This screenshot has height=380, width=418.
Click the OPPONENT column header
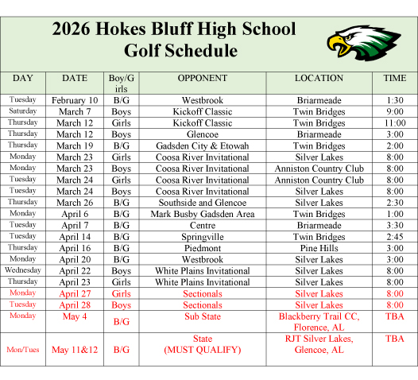(x=202, y=79)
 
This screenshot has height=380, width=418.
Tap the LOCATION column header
(x=319, y=79)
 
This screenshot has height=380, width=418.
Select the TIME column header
(x=394, y=79)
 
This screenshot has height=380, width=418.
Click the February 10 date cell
(x=75, y=101)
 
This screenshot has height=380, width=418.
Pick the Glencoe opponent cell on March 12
(x=202, y=135)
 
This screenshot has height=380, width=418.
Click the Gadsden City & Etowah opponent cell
(x=202, y=146)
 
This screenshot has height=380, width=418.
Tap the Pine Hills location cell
(x=319, y=248)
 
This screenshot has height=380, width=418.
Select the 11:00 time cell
(x=394, y=124)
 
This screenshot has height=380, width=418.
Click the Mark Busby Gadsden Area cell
(x=202, y=214)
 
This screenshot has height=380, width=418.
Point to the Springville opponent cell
(x=202, y=237)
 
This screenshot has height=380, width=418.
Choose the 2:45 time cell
(x=394, y=237)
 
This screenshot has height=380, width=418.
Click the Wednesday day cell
(x=23, y=270)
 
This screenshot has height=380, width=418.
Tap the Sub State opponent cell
(x=202, y=316)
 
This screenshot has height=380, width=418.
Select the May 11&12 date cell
(x=75, y=349)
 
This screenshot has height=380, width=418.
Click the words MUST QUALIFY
(x=202, y=350)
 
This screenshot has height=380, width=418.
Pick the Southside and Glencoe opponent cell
(x=202, y=203)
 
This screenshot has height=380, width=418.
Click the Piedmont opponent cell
(x=202, y=248)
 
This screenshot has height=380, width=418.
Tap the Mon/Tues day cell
(x=23, y=349)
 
